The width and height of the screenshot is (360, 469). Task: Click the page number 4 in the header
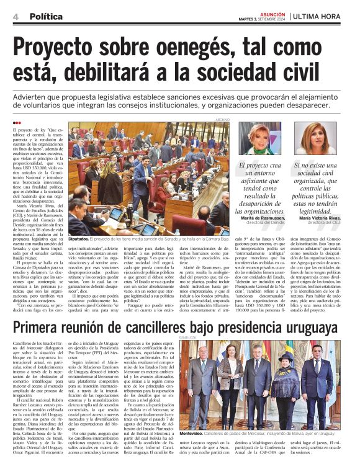point(14,16)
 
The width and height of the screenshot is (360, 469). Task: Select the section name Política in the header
point(45,16)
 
